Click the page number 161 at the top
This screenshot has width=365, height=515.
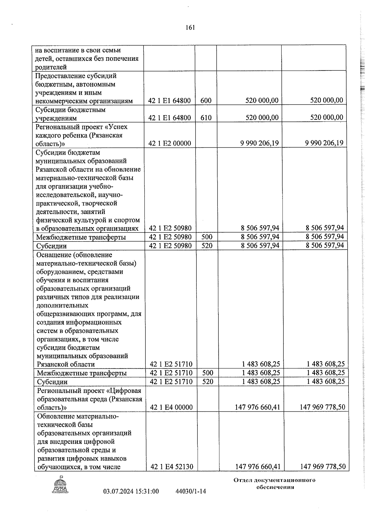coord(190,28)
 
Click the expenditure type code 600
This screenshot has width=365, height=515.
coord(206,101)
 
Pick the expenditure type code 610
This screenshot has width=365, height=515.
coord(206,118)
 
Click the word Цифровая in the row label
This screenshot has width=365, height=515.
coord(127,390)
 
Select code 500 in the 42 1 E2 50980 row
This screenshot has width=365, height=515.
coord(207,237)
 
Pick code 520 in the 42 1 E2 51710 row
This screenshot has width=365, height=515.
coord(207,381)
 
